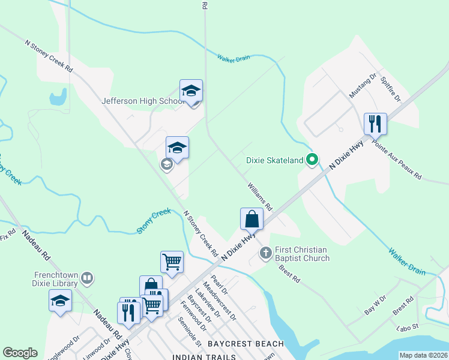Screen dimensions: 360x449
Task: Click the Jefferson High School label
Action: pyautogui.click(x=142, y=101)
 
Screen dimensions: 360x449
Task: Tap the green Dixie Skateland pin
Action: pyautogui.click(x=312, y=160)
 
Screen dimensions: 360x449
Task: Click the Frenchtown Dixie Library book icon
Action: pyautogui.click(x=87, y=278)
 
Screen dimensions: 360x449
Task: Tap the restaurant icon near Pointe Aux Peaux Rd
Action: pyautogui.click(x=375, y=124)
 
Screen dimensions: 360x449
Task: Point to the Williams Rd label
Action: pyautogui.click(x=260, y=197)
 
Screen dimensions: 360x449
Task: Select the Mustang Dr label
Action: pyautogui.click(x=363, y=86)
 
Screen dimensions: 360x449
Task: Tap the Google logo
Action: pyautogui.click(x=20, y=353)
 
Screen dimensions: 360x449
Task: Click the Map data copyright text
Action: pyautogui.click(x=423, y=355)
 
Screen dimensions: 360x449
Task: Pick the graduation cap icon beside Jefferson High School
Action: pyautogui.click(x=191, y=91)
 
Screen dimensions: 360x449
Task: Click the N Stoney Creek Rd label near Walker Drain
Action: pyautogui.click(x=49, y=57)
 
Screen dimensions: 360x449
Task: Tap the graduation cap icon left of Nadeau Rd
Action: pyautogui.click(x=60, y=300)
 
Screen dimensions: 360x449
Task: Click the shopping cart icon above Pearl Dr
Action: pyautogui.click(x=172, y=262)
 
